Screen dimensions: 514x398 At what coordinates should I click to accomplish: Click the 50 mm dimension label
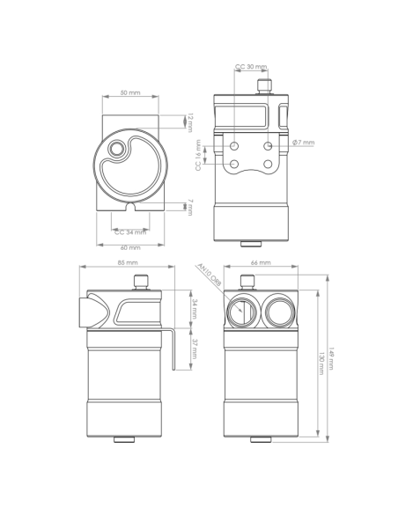pos(129,92)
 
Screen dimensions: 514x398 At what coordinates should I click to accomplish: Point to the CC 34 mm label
pos(129,232)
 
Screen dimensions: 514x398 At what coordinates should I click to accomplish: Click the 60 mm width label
pos(129,248)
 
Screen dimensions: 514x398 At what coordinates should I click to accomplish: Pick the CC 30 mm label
pos(251,67)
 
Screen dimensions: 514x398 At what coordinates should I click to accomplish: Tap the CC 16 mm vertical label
pos(199,156)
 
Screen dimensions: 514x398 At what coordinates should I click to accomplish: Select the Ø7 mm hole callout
pos(304,143)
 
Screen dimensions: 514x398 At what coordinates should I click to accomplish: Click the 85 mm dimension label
pos(127,263)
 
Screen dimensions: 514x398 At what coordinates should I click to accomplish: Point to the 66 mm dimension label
pos(260,263)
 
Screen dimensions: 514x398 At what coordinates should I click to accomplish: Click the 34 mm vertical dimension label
pos(194,309)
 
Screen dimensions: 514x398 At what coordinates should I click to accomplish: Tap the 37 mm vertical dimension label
pos(194,349)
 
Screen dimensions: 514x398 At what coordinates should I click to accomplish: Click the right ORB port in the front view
pos(281,310)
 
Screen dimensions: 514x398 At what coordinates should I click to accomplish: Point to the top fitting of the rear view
pos(262,85)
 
